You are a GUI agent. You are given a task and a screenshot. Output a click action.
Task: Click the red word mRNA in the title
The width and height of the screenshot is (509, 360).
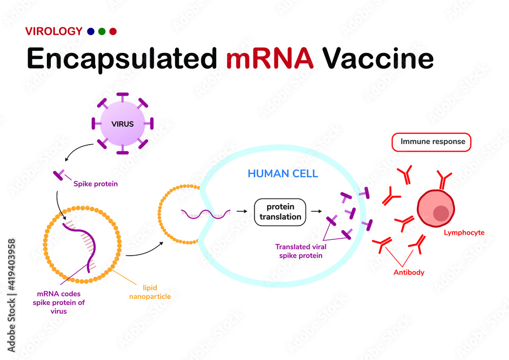269,58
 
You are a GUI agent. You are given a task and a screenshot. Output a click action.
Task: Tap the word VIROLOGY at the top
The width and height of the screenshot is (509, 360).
53,31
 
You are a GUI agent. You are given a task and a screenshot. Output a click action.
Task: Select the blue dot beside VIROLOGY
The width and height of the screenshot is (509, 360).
91,32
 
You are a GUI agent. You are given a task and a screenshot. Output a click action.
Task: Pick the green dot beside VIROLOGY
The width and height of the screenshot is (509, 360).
102,32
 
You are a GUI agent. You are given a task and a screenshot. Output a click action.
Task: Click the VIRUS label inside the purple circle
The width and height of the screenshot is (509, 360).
123,124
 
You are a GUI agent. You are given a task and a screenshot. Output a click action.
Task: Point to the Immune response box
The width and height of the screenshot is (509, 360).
432,142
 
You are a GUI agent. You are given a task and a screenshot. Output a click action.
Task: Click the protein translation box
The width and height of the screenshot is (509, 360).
280,212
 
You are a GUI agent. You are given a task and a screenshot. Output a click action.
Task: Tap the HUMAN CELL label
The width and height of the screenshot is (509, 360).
282,174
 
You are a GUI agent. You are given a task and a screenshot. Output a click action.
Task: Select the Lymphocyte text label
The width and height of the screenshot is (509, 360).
464,233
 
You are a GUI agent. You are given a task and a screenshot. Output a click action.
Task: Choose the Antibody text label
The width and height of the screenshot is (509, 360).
409,272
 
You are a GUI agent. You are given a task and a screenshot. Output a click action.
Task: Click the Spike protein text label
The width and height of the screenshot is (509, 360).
96,184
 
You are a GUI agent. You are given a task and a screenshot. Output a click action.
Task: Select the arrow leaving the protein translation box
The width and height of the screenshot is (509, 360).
317,210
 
